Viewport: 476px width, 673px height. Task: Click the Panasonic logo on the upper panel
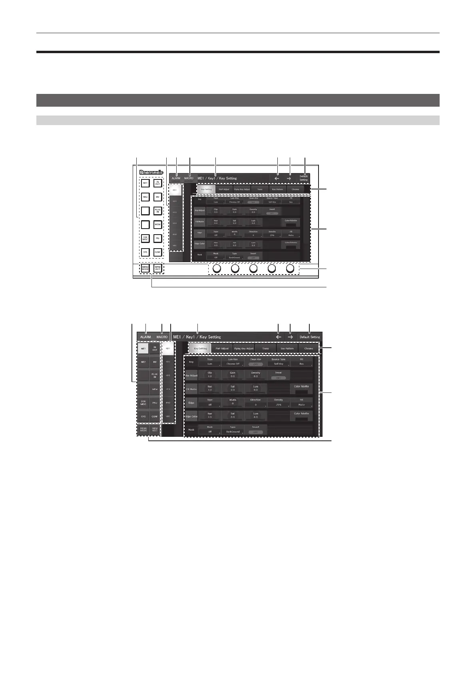click(x=151, y=173)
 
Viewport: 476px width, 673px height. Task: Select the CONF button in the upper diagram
click(x=157, y=253)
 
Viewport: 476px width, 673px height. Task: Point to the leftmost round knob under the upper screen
click(x=217, y=269)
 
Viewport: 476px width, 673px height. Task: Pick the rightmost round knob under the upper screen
click(x=291, y=269)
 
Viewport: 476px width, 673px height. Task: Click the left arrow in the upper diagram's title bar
click(x=277, y=178)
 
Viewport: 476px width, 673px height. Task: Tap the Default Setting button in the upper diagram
click(x=303, y=178)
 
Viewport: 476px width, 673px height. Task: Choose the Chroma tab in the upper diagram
click(x=295, y=189)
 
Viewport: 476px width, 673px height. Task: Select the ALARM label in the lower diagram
click(x=145, y=337)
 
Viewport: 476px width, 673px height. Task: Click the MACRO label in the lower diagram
click(x=162, y=337)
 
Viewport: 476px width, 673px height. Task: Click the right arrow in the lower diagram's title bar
click(x=291, y=337)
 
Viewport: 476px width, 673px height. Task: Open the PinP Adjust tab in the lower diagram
click(x=222, y=348)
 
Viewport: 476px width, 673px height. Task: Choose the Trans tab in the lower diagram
click(x=265, y=348)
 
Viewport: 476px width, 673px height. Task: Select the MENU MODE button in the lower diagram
click(x=143, y=430)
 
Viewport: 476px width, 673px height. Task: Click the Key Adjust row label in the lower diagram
click(x=191, y=375)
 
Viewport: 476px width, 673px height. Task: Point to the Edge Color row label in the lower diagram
click(x=191, y=416)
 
